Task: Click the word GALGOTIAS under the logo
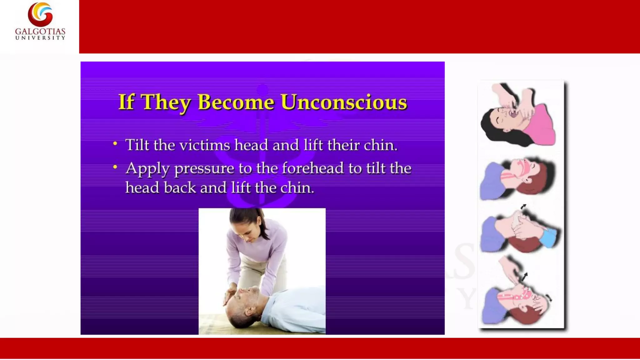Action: pos(40,32)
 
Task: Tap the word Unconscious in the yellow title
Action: pos(344,102)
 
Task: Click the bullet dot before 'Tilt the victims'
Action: pos(115,144)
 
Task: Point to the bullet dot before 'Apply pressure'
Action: pos(115,167)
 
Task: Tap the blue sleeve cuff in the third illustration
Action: pos(549,237)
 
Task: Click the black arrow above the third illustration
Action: pos(523,207)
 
